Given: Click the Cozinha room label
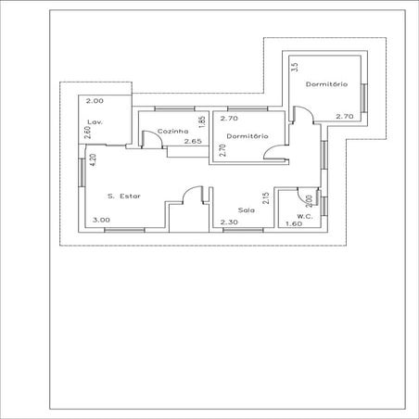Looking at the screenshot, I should (x=173, y=132).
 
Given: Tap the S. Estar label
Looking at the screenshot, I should (x=124, y=196).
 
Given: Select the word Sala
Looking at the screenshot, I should (x=246, y=210).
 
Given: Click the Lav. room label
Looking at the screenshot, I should (x=94, y=122).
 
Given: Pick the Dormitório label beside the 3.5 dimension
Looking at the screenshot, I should (x=326, y=84).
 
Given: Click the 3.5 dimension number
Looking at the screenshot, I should (x=294, y=67).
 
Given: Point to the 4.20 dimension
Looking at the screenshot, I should (x=93, y=159).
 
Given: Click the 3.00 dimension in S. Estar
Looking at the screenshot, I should (x=101, y=220).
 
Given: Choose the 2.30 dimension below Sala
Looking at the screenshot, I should (x=226, y=223).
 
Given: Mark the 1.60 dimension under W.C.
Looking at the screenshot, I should (x=294, y=223).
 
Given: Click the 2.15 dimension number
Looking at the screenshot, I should (x=266, y=198).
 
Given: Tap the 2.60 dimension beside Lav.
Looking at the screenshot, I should (x=86, y=132).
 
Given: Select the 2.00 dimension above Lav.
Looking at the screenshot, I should (x=95, y=100).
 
